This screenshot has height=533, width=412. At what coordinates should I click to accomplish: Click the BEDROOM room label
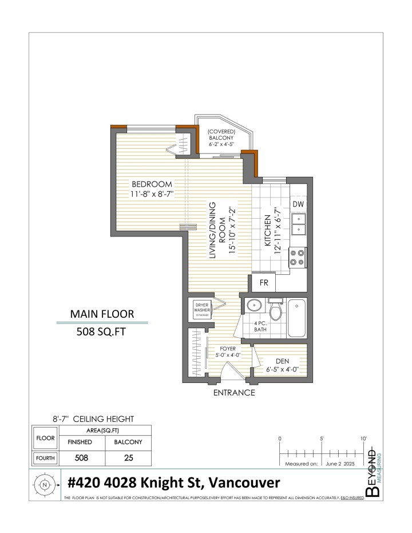point(152,184)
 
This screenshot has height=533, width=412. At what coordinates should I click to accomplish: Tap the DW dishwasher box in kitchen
point(298,204)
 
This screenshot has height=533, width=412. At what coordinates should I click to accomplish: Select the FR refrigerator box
point(264,283)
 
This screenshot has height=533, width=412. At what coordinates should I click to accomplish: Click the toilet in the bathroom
point(275,311)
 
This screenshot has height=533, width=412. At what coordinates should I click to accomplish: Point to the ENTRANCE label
point(233,393)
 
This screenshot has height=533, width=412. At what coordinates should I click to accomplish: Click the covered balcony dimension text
point(221,143)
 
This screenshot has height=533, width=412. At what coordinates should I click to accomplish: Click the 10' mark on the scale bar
point(365,439)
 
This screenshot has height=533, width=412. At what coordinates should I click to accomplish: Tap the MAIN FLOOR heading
point(102,314)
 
